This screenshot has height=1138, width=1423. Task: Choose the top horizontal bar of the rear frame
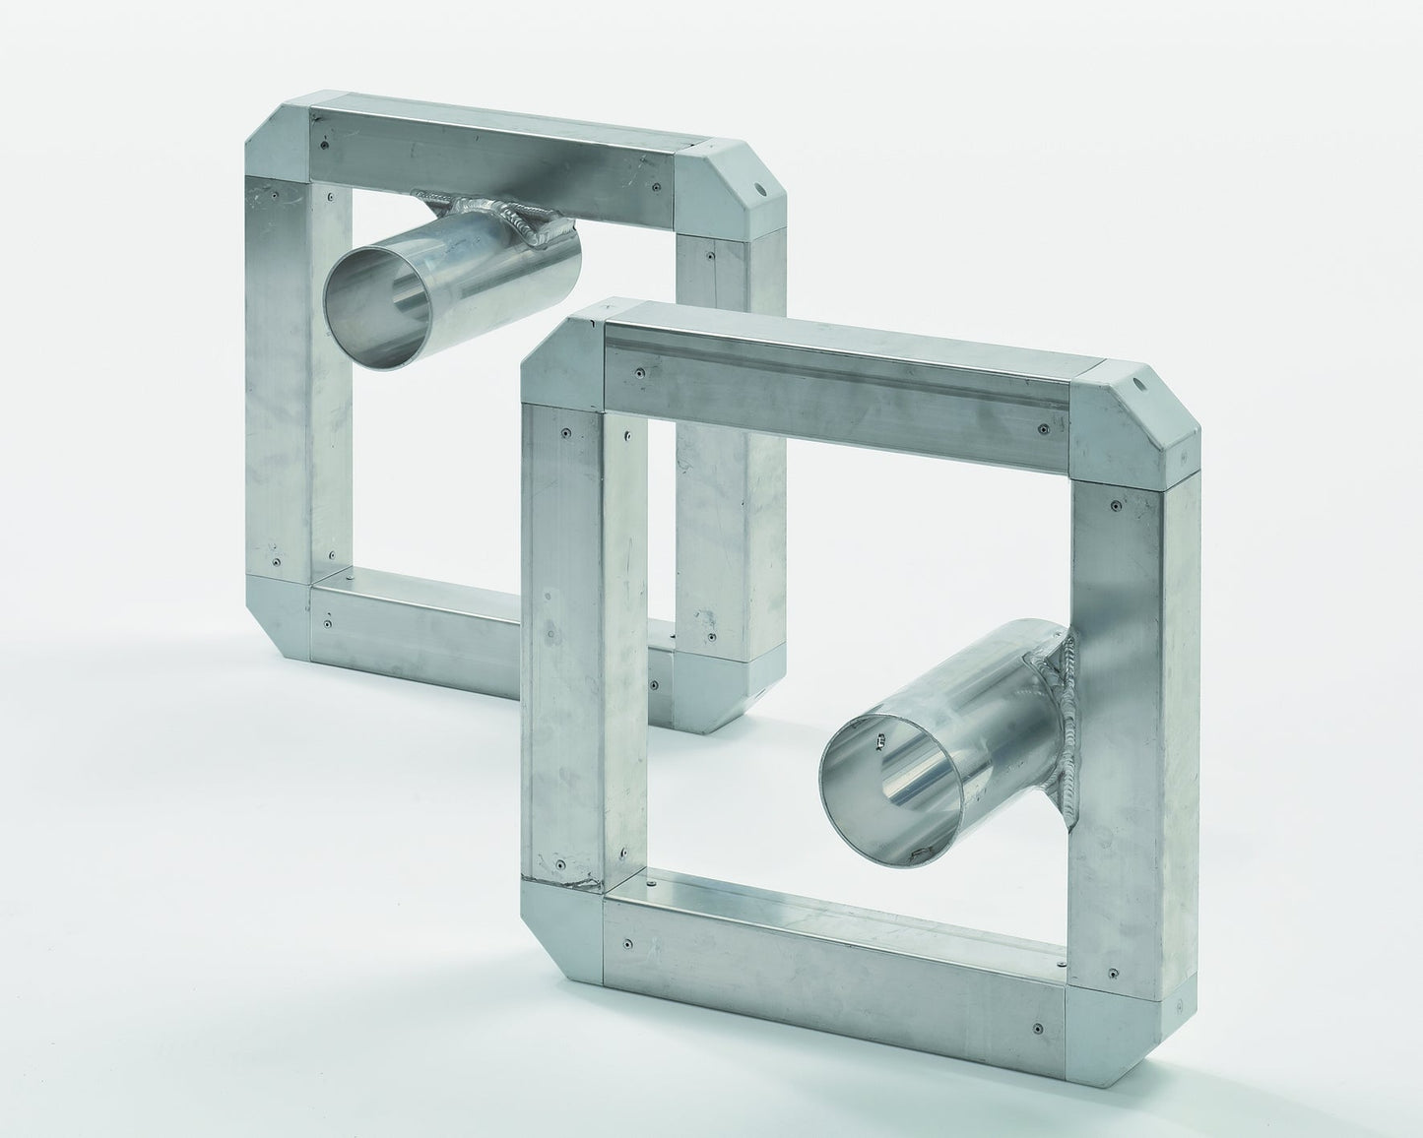pyautogui.click(x=492, y=148)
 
